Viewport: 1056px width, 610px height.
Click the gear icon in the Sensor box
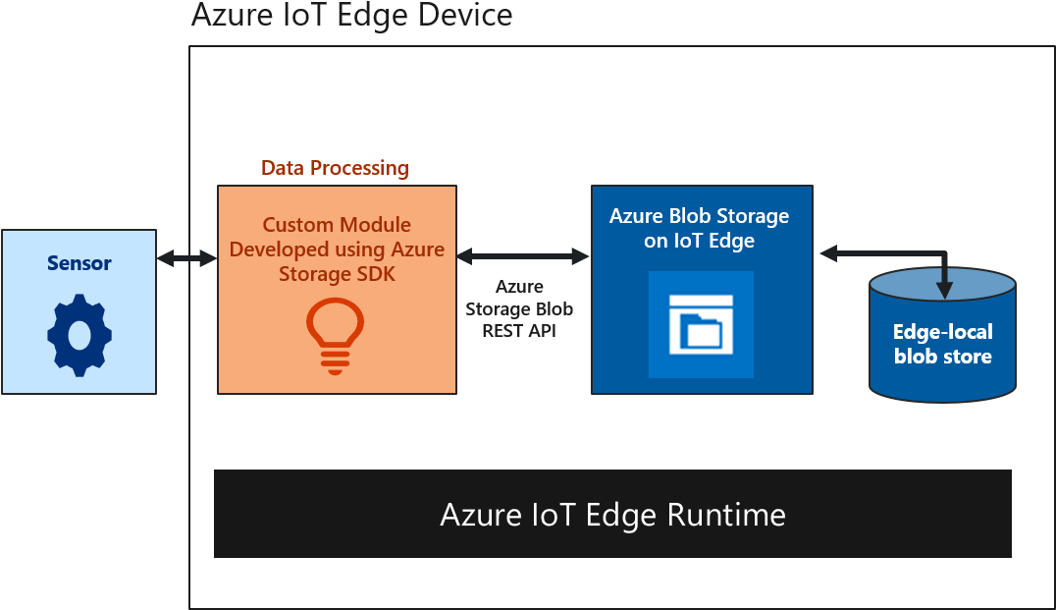(79, 334)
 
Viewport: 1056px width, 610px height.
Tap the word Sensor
(79, 263)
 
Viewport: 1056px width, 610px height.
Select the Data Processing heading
(335, 168)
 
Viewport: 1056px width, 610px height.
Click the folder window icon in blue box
(701, 324)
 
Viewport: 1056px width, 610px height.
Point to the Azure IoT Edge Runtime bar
(612, 514)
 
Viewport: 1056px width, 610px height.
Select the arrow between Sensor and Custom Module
(186, 258)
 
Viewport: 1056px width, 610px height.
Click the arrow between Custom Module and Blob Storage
(522, 256)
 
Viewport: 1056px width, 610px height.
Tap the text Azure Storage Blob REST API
(519, 308)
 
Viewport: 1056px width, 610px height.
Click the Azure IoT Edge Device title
(351, 16)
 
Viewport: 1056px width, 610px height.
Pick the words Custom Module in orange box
(337, 226)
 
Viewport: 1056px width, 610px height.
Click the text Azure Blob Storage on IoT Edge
(699, 228)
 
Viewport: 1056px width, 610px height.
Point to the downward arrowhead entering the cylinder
(944, 289)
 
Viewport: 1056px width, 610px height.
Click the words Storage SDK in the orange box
(337, 274)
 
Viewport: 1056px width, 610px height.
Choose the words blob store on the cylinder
(942, 357)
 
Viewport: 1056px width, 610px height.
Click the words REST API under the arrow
(519, 331)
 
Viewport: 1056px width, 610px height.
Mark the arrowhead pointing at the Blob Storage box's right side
(828, 254)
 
